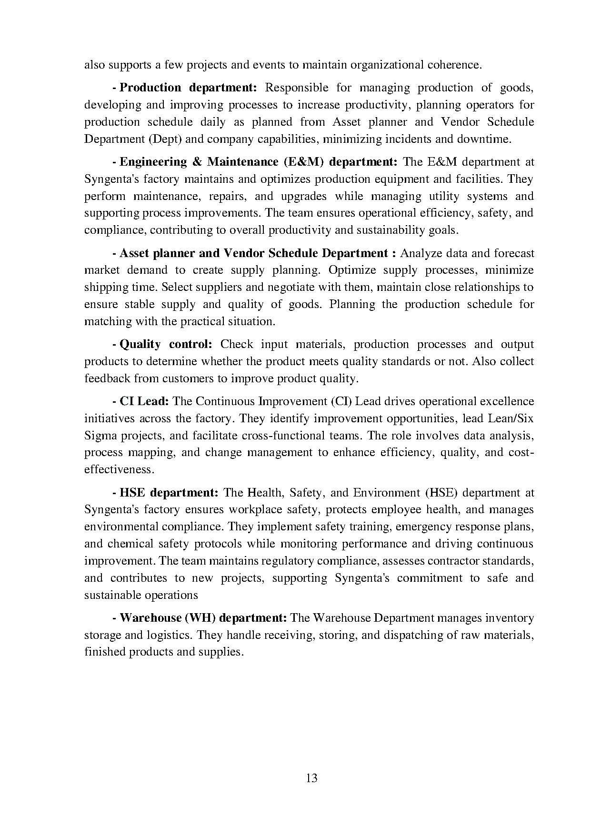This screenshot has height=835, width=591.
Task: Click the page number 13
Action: coord(312,778)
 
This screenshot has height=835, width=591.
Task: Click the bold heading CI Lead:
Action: coord(144,401)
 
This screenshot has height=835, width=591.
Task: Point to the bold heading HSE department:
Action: coord(169,492)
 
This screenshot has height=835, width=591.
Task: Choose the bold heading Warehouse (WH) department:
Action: coord(203,618)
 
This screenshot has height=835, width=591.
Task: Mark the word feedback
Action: coord(107,378)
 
